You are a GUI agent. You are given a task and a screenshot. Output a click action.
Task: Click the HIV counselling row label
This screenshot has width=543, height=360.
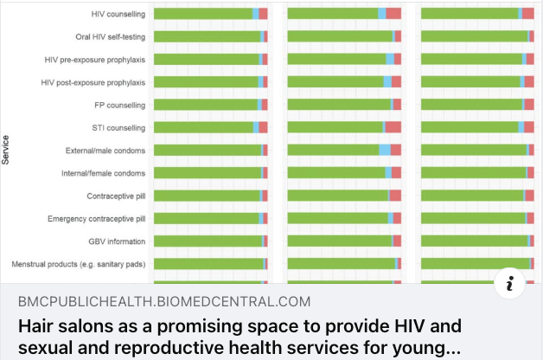click(118, 14)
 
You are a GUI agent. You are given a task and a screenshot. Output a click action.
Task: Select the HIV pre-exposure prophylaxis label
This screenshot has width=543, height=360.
click(95, 60)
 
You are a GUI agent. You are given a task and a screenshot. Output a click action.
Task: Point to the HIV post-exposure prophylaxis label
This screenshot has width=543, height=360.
click(93, 82)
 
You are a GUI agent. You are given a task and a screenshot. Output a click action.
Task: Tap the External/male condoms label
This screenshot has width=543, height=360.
click(105, 151)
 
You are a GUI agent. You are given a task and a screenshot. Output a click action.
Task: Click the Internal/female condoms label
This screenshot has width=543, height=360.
click(103, 173)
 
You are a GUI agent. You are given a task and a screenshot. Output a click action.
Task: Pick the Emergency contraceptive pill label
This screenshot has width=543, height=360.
click(97, 219)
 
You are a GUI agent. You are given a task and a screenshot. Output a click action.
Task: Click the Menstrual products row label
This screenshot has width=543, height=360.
click(79, 264)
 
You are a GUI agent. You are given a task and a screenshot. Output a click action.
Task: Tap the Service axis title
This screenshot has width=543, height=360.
click(6, 149)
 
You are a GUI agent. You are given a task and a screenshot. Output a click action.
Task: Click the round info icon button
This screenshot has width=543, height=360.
click(510, 283)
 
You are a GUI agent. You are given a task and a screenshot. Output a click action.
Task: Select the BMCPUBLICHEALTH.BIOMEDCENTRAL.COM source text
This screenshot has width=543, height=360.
click(163, 302)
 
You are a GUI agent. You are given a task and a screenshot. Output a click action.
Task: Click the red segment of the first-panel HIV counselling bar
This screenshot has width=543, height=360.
click(263, 14)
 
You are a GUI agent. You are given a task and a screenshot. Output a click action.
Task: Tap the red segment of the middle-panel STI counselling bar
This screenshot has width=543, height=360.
click(393, 127)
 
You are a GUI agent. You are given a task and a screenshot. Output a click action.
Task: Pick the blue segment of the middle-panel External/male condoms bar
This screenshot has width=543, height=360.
click(385, 151)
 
